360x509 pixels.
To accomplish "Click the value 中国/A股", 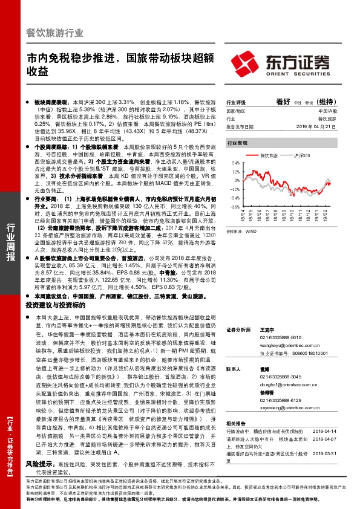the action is [327, 112].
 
